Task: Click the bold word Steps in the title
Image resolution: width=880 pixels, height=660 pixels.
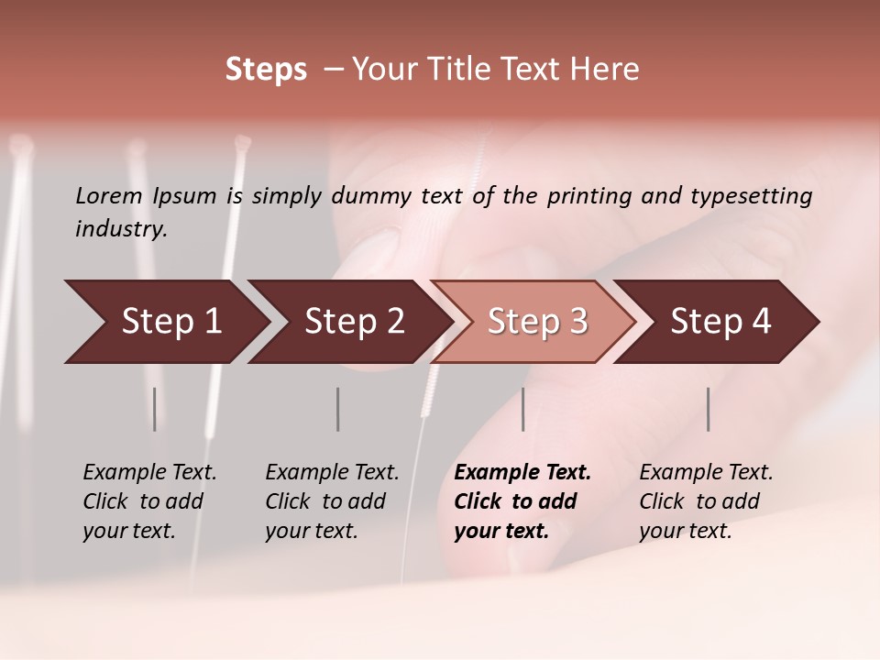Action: click(x=266, y=70)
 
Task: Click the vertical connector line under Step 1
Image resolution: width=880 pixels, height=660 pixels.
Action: click(x=155, y=409)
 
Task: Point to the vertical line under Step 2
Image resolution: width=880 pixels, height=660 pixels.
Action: click(x=338, y=409)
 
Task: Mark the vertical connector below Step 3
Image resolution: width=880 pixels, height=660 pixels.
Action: click(x=523, y=409)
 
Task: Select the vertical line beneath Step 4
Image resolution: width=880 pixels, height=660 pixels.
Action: click(x=709, y=409)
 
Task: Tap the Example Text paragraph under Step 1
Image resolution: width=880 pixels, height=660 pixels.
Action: click(x=149, y=501)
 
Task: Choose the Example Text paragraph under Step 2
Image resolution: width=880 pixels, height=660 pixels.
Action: click(x=332, y=501)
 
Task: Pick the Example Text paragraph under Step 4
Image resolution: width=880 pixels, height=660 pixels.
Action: click(x=706, y=501)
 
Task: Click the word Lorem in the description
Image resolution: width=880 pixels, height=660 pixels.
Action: click(x=109, y=196)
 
